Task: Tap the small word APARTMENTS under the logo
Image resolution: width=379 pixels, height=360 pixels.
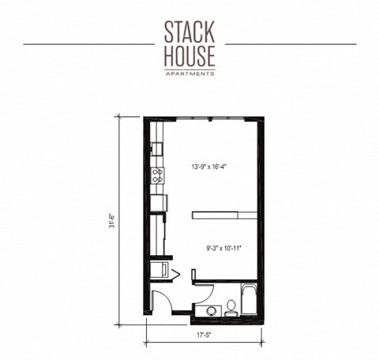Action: point(189,73)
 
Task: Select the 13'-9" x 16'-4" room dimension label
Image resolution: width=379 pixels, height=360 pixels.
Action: point(214,167)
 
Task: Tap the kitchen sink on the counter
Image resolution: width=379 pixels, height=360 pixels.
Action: point(156,148)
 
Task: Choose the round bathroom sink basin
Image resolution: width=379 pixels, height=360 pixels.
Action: point(211,310)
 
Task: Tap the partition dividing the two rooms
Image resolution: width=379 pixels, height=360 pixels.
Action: point(224,213)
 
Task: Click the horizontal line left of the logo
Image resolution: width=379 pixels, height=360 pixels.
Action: point(79,44)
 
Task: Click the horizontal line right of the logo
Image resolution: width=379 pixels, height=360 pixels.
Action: point(300,44)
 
